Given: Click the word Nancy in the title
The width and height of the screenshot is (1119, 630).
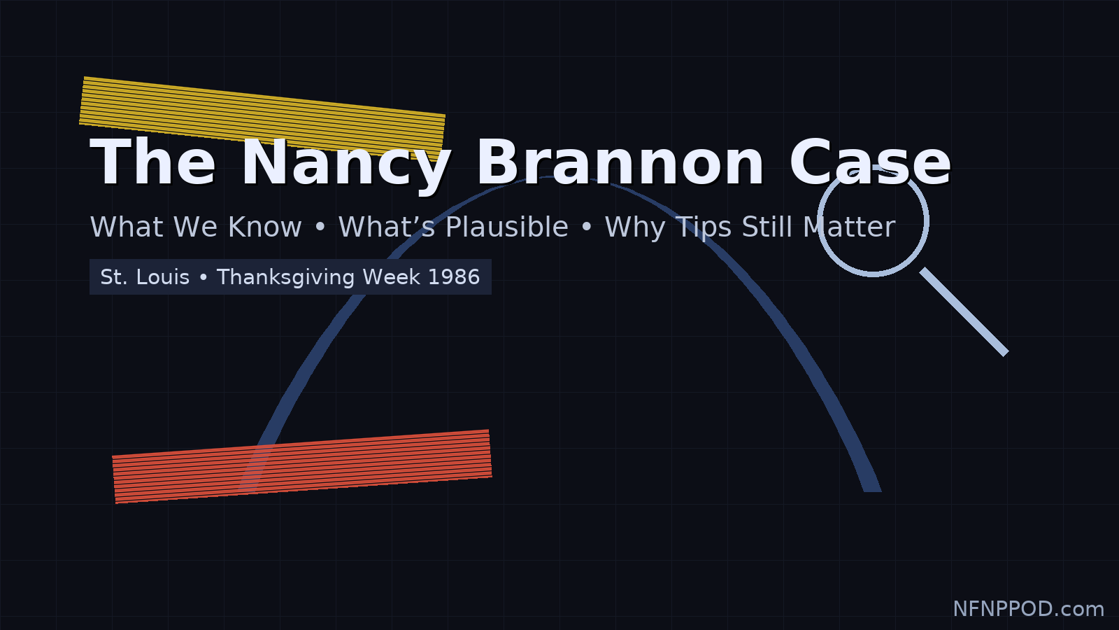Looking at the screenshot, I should click(345, 163).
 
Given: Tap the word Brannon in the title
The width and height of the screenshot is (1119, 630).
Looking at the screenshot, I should click(620, 163).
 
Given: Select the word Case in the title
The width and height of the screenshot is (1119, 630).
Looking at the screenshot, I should click(870, 163).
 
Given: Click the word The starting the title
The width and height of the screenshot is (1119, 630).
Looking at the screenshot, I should click(153, 163).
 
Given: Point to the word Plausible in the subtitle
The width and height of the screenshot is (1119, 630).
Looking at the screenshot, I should click(506, 227).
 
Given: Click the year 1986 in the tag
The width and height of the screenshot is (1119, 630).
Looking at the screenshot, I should click(454, 277).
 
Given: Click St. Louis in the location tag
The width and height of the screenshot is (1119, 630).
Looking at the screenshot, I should click(145, 277).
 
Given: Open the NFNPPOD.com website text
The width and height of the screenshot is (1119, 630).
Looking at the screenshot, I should click(1028, 609).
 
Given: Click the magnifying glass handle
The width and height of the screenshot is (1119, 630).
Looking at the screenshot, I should click(965, 312).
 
